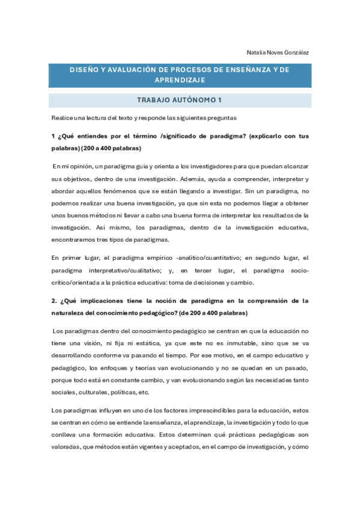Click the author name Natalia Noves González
pos(278,52)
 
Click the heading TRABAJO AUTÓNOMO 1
pos(180,100)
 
